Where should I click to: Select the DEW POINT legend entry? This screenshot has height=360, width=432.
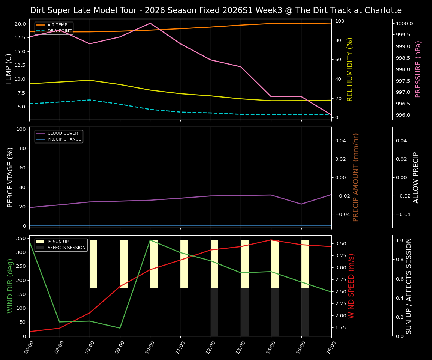click(x=59, y=31)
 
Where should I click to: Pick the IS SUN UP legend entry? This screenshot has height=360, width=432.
click(x=58, y=241)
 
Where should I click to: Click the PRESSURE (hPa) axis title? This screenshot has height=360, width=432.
click(x=418, y=69)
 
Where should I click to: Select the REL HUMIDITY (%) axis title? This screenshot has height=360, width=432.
click(x=350, y=69)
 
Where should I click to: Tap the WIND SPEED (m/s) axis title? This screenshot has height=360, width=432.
click(x=351, y=286)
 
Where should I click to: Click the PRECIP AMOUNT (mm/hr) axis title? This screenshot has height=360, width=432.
click(x=356, y=177)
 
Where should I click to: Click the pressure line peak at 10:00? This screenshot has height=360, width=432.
click(x=150, y=23)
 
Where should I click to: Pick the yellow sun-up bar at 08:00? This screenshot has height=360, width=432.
click(x=93, y=264)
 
